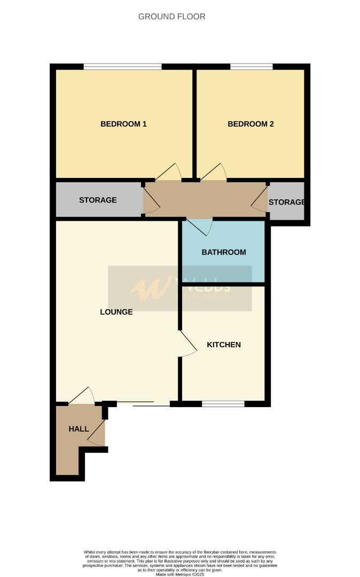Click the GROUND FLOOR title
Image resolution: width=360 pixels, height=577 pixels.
pyautogui.click(x=171, y=17)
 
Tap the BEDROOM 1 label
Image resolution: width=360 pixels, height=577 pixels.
pyautogui.click(x=123, y=124)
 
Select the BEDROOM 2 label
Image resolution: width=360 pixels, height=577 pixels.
pyautogui.click(x=251, y=124)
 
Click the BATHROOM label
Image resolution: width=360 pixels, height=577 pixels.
pyautogui.click(x=223, y=252)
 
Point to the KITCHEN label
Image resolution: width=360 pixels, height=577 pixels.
pyautogui.click(x=224, y=345)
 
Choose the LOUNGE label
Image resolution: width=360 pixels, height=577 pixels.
pyautogui.click(x=116, y=311)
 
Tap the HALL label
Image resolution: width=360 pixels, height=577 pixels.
pyautogui.click(x=79, y=429)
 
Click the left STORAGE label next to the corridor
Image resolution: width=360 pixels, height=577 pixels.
pyautogui.click(x=98, y=200)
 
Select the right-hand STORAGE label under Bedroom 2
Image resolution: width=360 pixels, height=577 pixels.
pyautogui.click(x=286, y=202)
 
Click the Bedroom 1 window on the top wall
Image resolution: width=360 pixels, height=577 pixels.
pyautogui.click(x=122, y=67)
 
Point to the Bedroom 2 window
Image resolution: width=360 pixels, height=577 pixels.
pyautogui.click(x=251, y=67)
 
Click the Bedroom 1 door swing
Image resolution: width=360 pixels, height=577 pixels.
pyautogui.click(x=170, y=172)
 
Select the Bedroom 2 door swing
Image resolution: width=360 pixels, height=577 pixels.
pyautogui.click(x=214, y=172)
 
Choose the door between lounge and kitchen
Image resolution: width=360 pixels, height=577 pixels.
pyautogui.click(x=187, y=344)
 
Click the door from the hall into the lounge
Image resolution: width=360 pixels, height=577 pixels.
pyautogui.click(x=82, y=396)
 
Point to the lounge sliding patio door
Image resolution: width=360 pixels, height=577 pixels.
pyautogui.click(x=143, y=404)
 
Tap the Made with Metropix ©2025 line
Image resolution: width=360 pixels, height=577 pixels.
pyautogui.click(x=180, y=574)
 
